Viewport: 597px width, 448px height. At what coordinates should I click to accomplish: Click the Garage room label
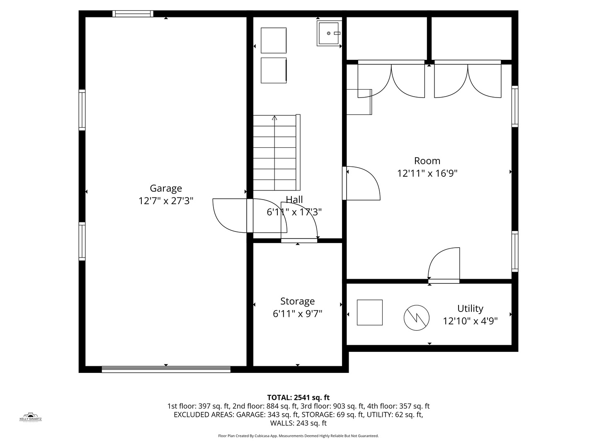[x=166, y=188]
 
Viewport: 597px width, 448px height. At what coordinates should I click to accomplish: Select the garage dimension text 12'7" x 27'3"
[x=166, y=201]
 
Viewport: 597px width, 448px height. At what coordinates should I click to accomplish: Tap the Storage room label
[x=297, y=301]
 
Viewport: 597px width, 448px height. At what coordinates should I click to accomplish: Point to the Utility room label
[x=470, y=308]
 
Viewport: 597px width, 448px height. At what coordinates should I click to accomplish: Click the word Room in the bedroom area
[x=427, y=161]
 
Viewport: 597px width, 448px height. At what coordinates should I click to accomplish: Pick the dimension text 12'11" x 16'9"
[x=427, y=173]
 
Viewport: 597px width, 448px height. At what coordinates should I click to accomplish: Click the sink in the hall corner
[x=329, y=33]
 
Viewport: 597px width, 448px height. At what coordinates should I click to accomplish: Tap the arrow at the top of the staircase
[x=274, y=118]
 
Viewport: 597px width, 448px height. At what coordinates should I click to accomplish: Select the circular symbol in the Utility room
[x=416, y=318]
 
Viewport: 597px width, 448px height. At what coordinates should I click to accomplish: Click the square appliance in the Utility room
[x=370, y=312]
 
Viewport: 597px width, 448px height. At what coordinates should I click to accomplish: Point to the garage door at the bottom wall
[x=166, y=369]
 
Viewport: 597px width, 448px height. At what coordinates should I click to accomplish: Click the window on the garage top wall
[x=133, y=14]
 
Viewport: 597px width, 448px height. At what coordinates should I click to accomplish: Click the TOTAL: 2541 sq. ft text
[x=298, y=397]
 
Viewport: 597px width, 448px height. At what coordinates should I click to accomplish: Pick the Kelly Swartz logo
[x=31, y=417]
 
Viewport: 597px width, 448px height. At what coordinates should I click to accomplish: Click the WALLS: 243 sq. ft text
[x=298, y=423]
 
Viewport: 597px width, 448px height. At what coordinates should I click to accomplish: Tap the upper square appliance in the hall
[x=274, y=40]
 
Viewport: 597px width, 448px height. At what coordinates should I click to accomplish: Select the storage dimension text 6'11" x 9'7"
[x=297, y=314]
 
